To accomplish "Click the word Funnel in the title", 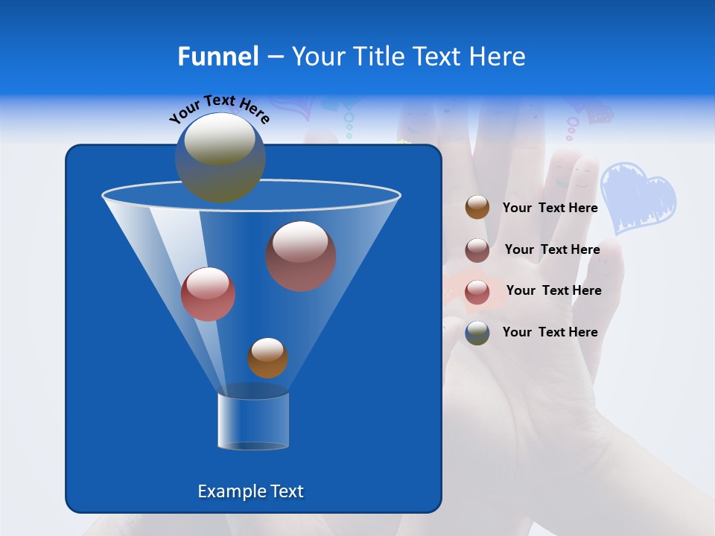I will point(218,57).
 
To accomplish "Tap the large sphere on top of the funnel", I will point(220,157).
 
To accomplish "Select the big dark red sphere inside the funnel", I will point(301,256).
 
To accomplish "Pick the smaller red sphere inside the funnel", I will point(209,294).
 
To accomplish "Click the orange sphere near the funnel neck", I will point(267,358).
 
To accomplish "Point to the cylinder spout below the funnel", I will point(253,421).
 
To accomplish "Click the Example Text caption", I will point(251,491).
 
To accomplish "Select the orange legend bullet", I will point(477,208).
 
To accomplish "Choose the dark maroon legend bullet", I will point(477,250).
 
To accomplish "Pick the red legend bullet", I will point(477,292).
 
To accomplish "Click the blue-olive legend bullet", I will point(477,333).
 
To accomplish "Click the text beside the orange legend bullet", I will point(550,208).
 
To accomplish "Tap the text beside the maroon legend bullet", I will point(552,250).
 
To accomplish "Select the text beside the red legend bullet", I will point(553,291).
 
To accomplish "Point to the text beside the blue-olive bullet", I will point(550,333).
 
